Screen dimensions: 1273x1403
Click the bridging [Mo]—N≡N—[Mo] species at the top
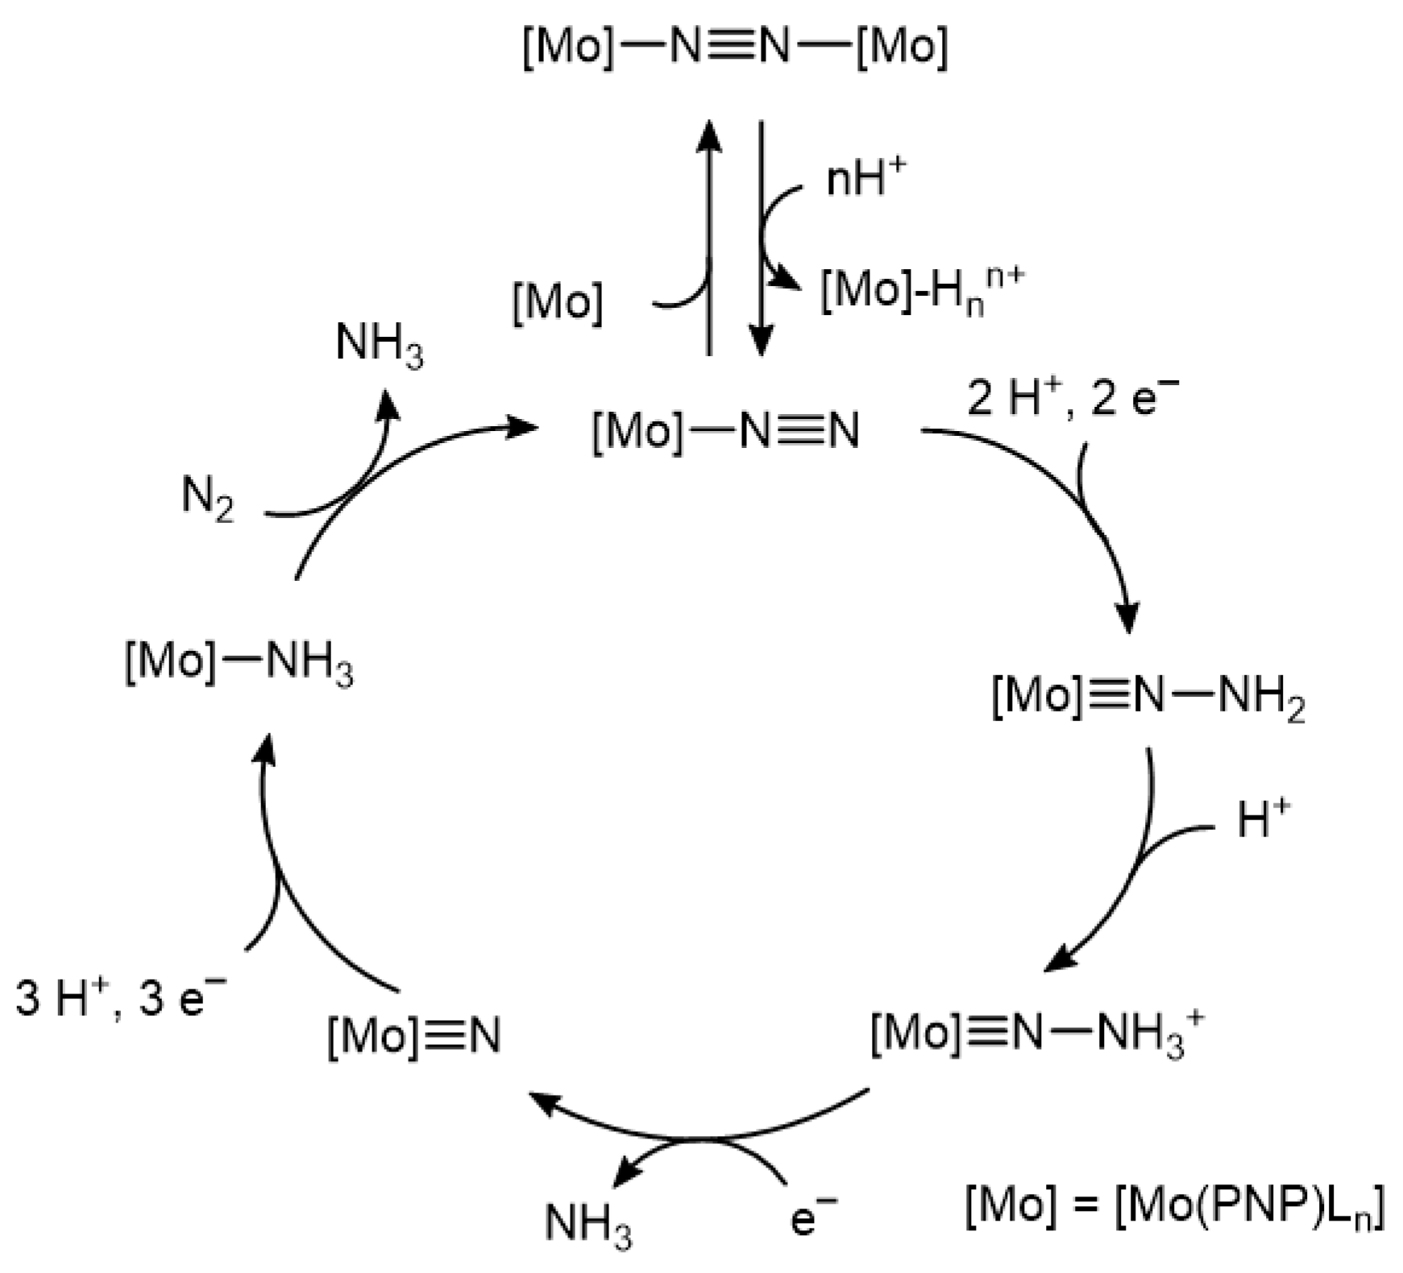coord(734,47)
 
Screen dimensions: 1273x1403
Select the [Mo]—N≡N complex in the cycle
coord(725,430)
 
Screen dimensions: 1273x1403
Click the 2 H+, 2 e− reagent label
coord(1072,398)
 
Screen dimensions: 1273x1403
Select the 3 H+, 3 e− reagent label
coord(121,999)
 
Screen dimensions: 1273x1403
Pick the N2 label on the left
coord(207,497)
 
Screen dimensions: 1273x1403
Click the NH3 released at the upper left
coord(379,344)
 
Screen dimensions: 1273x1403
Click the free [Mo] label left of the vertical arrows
coord(558,303)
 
